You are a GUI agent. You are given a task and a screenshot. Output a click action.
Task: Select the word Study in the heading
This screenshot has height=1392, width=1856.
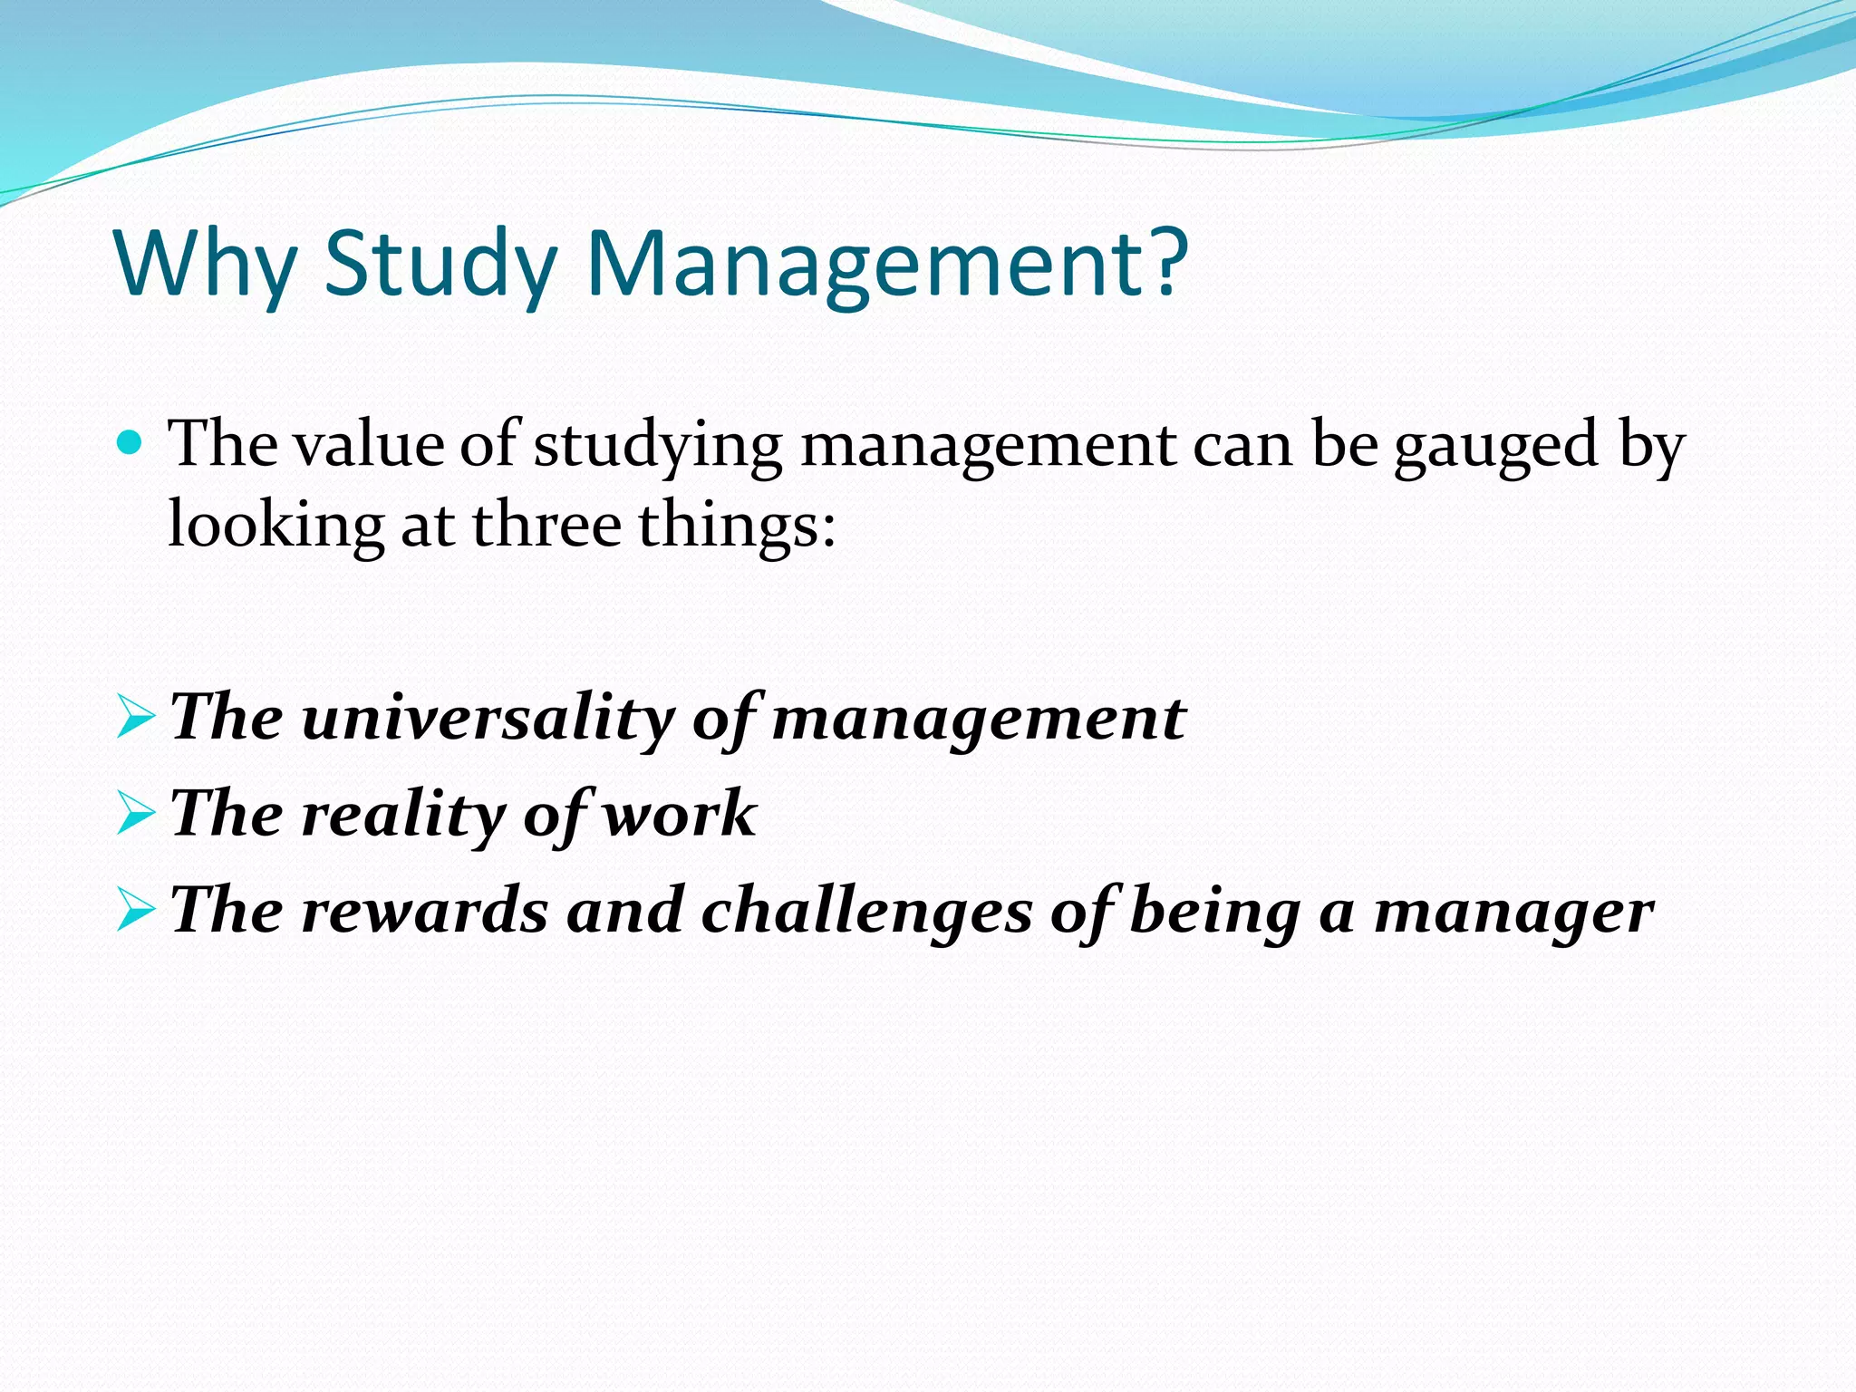click(440, 263)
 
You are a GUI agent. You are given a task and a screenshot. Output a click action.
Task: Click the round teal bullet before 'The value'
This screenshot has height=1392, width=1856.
click(131, 444)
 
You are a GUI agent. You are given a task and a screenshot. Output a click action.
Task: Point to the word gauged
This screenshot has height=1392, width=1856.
click(1495, 446)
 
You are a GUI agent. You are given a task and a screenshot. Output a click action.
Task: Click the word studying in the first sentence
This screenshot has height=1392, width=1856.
click(658, 446)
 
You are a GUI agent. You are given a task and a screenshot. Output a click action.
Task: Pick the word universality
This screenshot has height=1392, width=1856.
click(488, 718)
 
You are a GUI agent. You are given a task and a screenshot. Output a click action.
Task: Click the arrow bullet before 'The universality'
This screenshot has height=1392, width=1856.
click(136, 720)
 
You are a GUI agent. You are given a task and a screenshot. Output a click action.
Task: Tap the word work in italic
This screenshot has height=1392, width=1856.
click(680, 814)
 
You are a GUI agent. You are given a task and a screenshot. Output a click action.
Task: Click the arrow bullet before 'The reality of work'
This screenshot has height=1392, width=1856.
click(136, 816)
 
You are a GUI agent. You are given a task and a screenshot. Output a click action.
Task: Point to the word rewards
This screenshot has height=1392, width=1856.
click(424, 910)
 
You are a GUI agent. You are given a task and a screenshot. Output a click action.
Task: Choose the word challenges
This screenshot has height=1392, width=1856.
click(865, 910)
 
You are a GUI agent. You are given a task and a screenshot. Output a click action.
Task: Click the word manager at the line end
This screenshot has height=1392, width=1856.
click(1513, 912)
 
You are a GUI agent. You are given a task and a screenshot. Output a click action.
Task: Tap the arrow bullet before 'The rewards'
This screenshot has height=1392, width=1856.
click(136, 912)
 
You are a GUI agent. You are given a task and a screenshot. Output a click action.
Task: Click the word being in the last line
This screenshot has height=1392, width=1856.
click(1214, 910)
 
